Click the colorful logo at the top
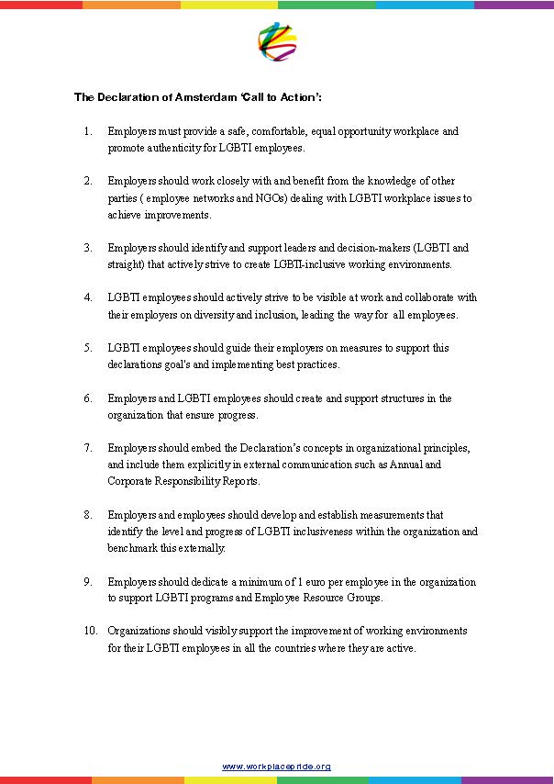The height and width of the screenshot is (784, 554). [277, 41]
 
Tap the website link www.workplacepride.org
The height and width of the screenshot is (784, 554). [276, 766]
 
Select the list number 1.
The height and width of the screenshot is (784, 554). [87, 131]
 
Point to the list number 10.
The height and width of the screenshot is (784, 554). [90, 631]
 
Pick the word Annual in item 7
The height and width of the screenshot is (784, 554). [424, 464]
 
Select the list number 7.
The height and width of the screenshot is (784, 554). [87, 447]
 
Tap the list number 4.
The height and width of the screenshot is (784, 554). [87, 297]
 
